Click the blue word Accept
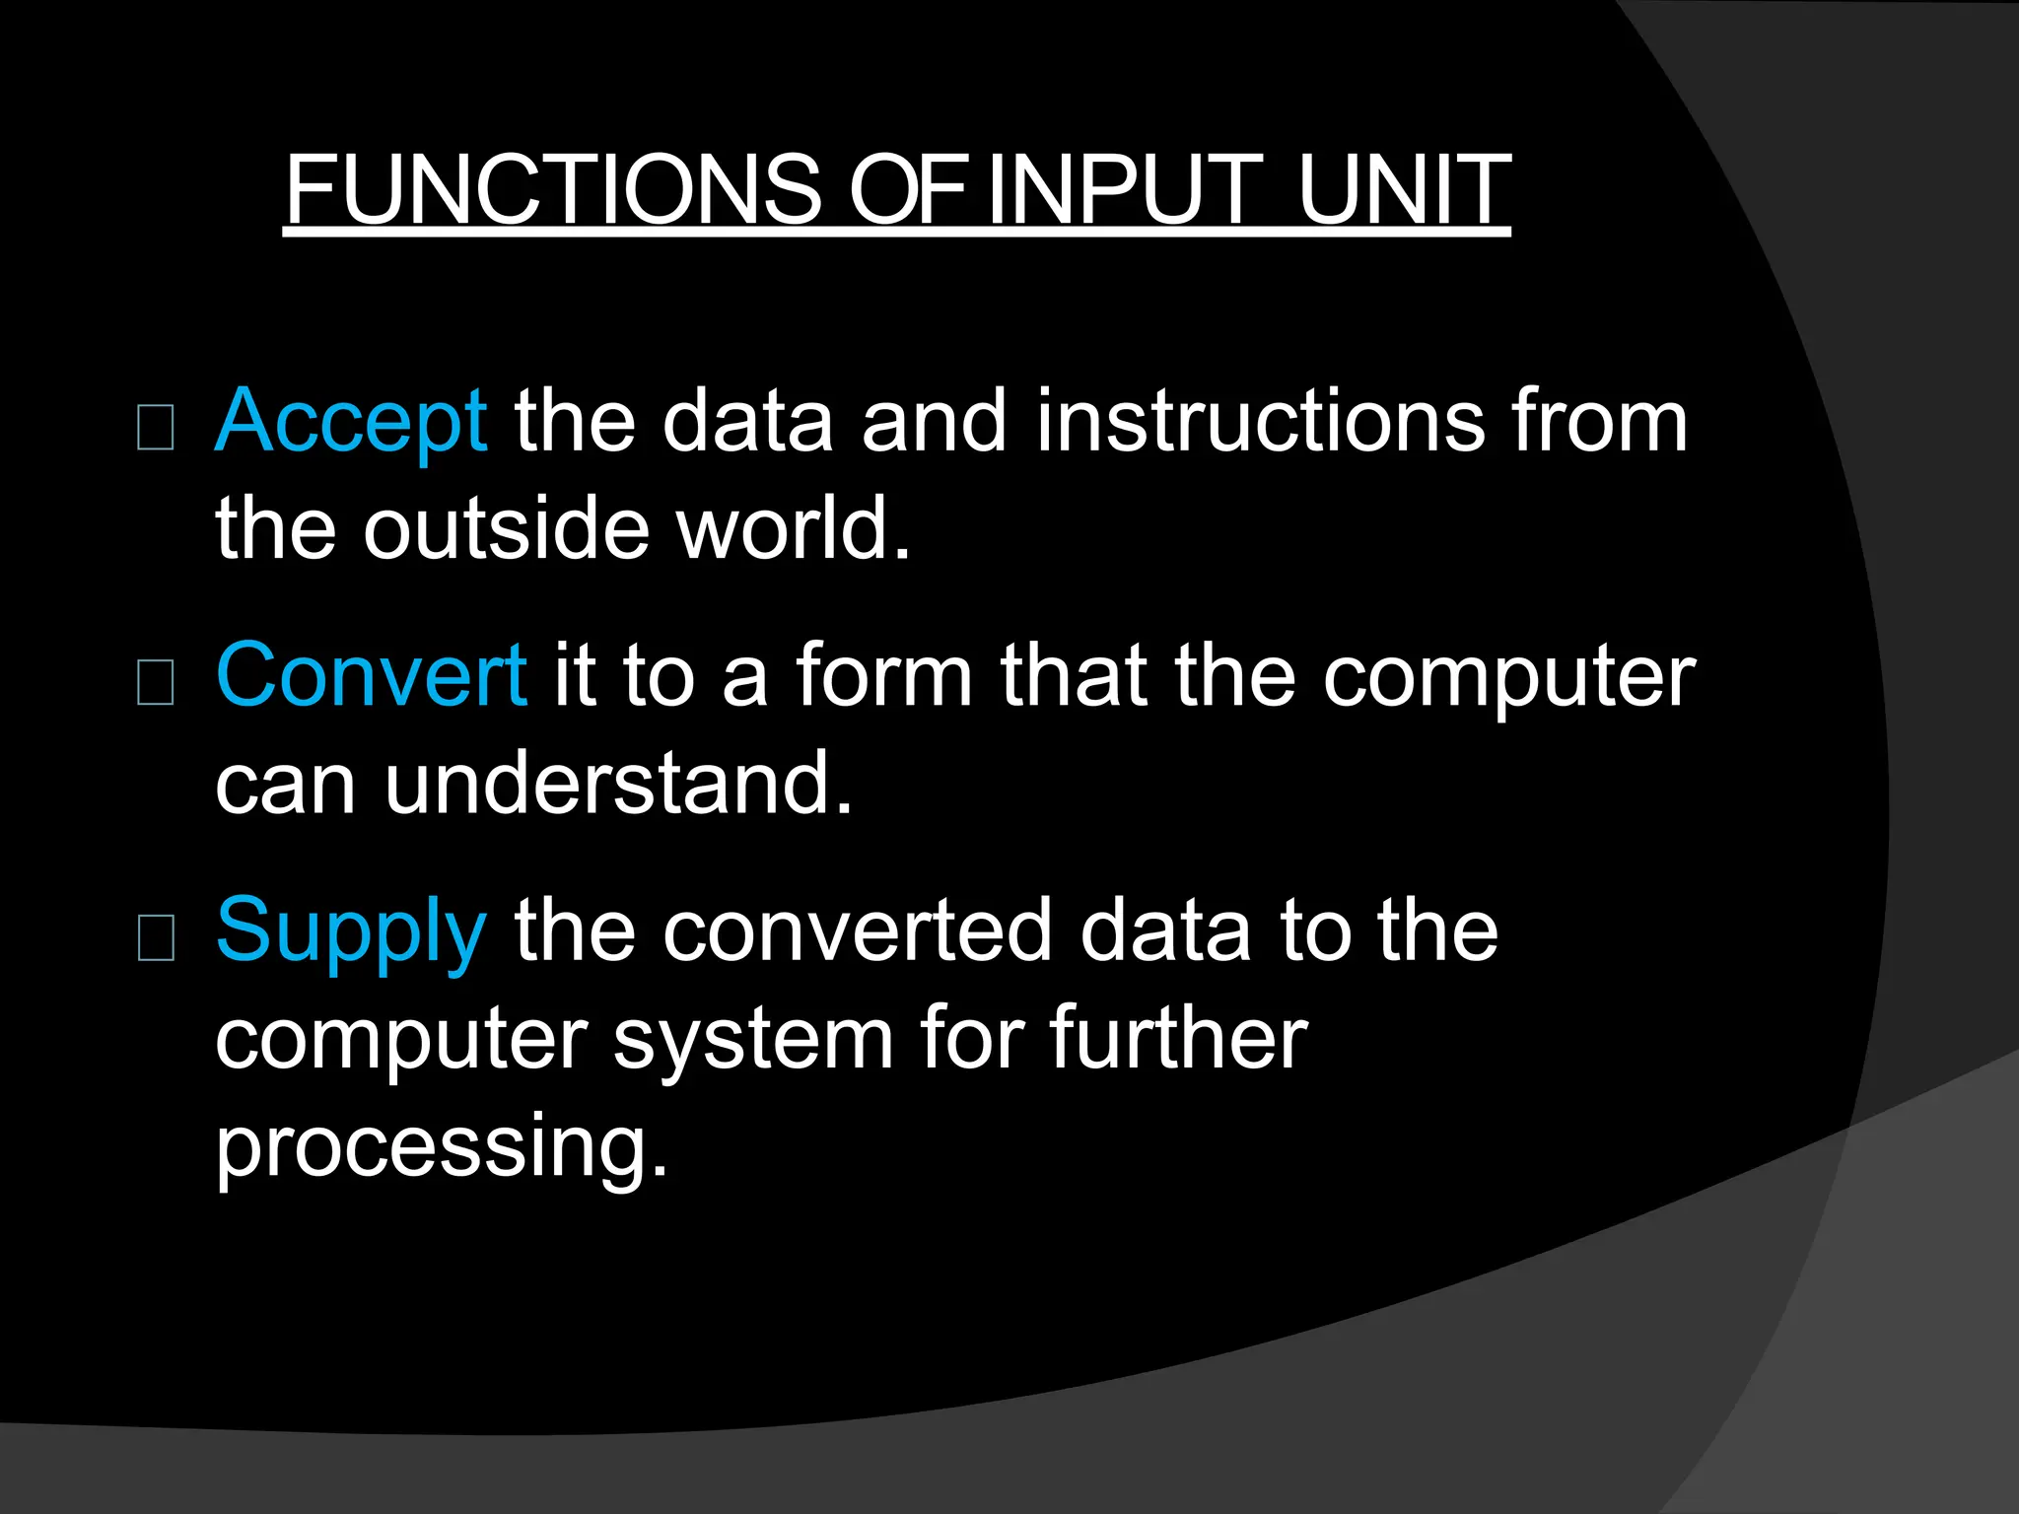(351, 422)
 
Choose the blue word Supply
(351, 931)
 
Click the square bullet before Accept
(156, 428)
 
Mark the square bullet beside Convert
(156, 682)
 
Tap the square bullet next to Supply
(156, 937)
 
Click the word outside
(506, 528)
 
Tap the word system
(753, 1041)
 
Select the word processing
(442, 1147)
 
